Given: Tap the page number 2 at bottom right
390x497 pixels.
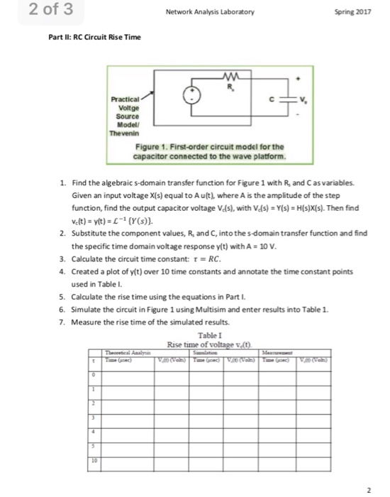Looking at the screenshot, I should pyautogui.click(x=370, y=490).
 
